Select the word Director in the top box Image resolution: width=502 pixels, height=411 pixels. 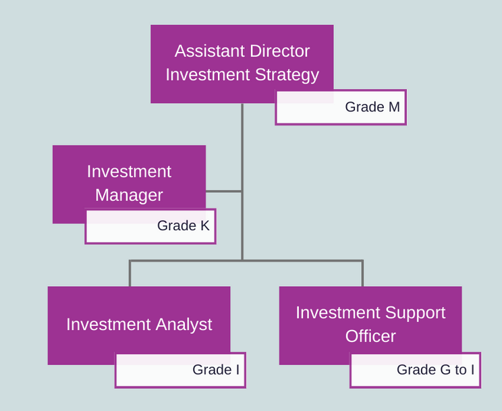(280, 51)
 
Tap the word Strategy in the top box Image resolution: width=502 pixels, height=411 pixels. (287, 76)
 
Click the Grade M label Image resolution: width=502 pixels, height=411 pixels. (372, 107)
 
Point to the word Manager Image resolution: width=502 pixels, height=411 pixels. (129, 196)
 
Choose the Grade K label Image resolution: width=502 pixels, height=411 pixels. (183, 225)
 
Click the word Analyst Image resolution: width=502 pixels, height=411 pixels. (179, 325)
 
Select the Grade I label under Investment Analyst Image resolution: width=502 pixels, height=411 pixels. (216, 370)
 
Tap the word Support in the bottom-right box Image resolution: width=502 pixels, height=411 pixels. (415, 313)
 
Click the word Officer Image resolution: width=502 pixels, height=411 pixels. (370, 336)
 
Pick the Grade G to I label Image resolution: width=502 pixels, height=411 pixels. (435, 370)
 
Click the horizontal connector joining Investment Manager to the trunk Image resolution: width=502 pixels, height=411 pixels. (223, 192)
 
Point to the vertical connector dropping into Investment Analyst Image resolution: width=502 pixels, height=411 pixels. (130, 273)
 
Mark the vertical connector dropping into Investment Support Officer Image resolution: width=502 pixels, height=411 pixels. (362, 273)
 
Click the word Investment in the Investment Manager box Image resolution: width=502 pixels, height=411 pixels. (129, 171)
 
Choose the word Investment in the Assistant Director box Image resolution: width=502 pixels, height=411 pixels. (207, 75)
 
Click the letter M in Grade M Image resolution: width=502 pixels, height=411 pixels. (394, 107)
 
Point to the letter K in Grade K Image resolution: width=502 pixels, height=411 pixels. (205, 225)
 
